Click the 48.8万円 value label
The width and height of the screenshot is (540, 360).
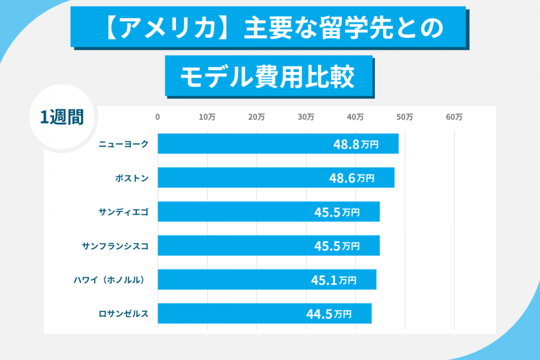click(x=356, y=144)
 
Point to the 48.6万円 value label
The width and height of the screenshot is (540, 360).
click(x=352, y=178)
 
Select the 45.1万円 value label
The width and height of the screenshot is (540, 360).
click(x=334, y=280)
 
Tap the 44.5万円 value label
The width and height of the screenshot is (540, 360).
click(x=329, y=314)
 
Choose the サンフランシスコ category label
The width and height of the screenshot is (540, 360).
click(x=115, y=246)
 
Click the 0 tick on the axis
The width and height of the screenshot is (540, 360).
click(x=158, y=118)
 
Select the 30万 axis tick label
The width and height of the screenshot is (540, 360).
click(x=306, y=118)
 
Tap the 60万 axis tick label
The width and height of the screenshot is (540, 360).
click(x=454, y=118)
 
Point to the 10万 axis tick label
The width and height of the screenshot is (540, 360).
click(x=207, y=118)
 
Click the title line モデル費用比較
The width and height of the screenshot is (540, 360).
click(x=268, y=77)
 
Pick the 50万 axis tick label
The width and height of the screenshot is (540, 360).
click(x=405, y=118)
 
